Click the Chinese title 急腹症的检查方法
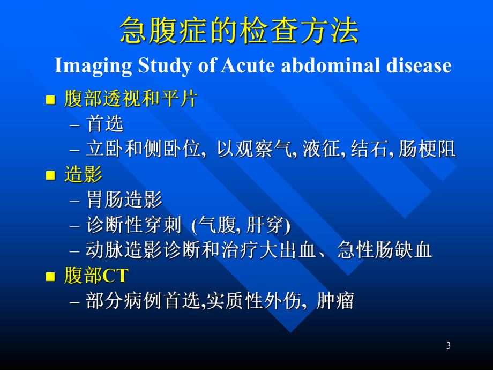[239, 31]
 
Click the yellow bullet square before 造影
[51, 176]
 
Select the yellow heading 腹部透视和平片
[130, 99]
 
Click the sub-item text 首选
[104, 124]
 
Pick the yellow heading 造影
[83, 175]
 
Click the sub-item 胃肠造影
[124, 201]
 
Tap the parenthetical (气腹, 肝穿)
[241, 226]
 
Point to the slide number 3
[448, 346]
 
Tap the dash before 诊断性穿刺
[74, 226]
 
